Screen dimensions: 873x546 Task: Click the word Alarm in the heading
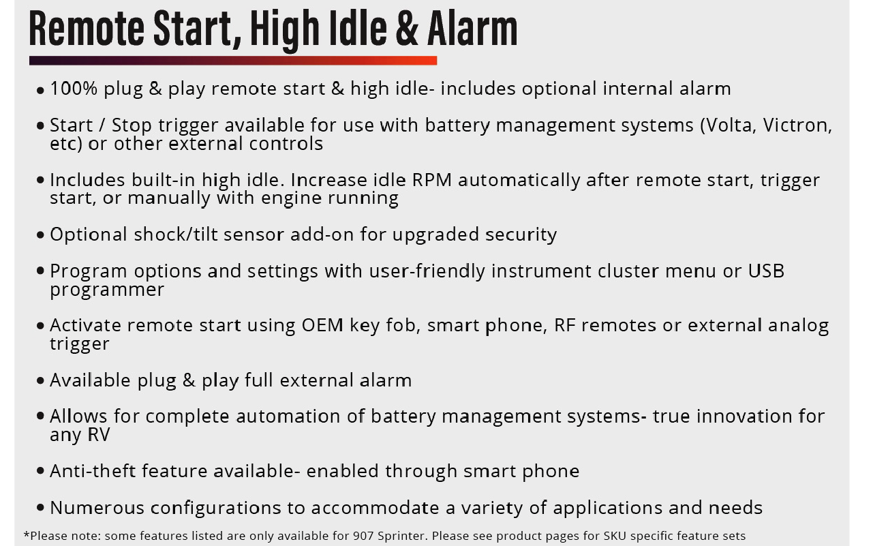tap(472, 29)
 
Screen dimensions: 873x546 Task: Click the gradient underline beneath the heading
tap(233, 61)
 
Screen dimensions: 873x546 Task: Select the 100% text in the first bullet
tap(74, 89)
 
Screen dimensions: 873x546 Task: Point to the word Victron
tap(797, 125)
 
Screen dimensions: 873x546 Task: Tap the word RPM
tap(432, 180)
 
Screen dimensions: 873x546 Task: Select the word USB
tap(766, 271)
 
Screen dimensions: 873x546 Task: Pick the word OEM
tap(322, 325)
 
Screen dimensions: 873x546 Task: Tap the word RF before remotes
tap(565, 325)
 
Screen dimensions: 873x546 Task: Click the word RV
tap(99, 435)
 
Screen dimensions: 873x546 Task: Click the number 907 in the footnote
tap(363, 536)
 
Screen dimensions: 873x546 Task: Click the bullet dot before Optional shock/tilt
tap(40, 235)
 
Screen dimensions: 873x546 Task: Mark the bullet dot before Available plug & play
tap(40, 381)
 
